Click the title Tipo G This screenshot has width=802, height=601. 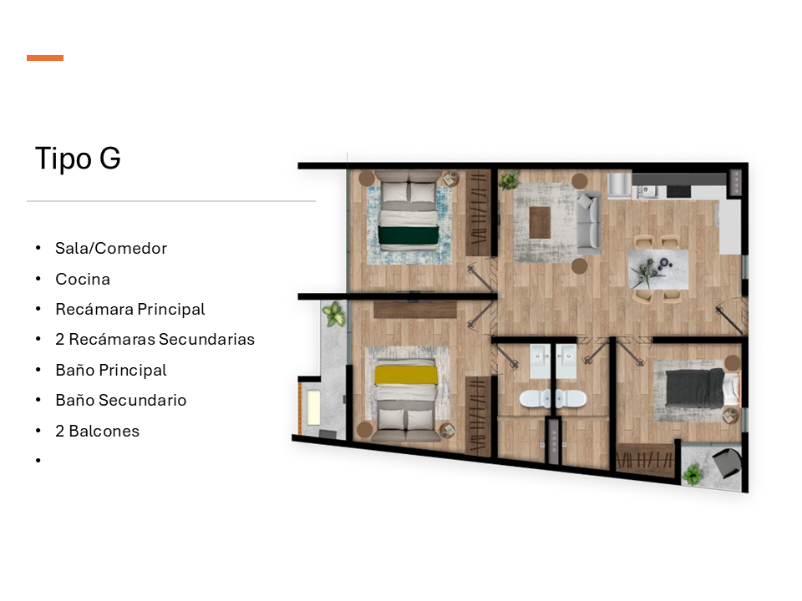78,158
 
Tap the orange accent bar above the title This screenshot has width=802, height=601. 45,58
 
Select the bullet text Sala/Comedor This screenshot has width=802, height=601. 111,249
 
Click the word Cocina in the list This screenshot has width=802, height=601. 83,279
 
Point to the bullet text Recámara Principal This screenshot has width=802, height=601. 130,309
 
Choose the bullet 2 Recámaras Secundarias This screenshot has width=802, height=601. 155,340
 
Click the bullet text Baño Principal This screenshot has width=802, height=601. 111,370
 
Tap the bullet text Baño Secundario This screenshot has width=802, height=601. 120,400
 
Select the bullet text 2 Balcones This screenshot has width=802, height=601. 97,431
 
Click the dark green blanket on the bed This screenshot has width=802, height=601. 409,235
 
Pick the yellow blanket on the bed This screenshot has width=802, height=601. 406,375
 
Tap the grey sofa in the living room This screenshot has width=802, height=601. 589,221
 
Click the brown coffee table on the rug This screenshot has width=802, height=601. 540,222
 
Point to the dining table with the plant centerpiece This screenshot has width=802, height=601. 657,270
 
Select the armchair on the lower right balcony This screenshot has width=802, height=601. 726,462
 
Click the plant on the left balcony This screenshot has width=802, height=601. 333,313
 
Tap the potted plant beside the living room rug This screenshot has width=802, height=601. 509,180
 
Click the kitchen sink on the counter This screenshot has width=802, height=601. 647,191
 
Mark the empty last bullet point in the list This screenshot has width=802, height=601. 38,461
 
